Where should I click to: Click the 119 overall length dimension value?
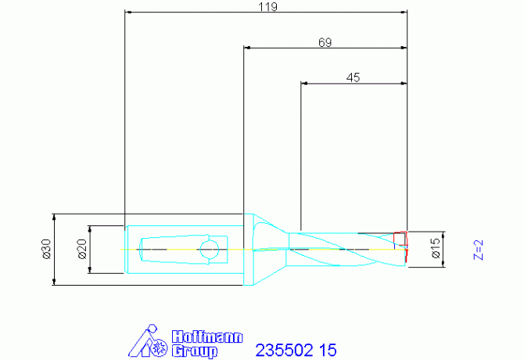pos(268,7)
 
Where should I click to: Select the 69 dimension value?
pos(325,42)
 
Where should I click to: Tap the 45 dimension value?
pos(353,77)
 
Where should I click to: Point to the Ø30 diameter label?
pos(46,249)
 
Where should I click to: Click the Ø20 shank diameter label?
pos(82,249)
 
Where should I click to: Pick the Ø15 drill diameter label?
pos(436,248)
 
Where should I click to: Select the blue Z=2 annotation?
pos(479,250)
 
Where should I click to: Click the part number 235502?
pos(285,350)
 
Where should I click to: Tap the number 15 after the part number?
pos(328,350)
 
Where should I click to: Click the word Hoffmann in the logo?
pos(207,337)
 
